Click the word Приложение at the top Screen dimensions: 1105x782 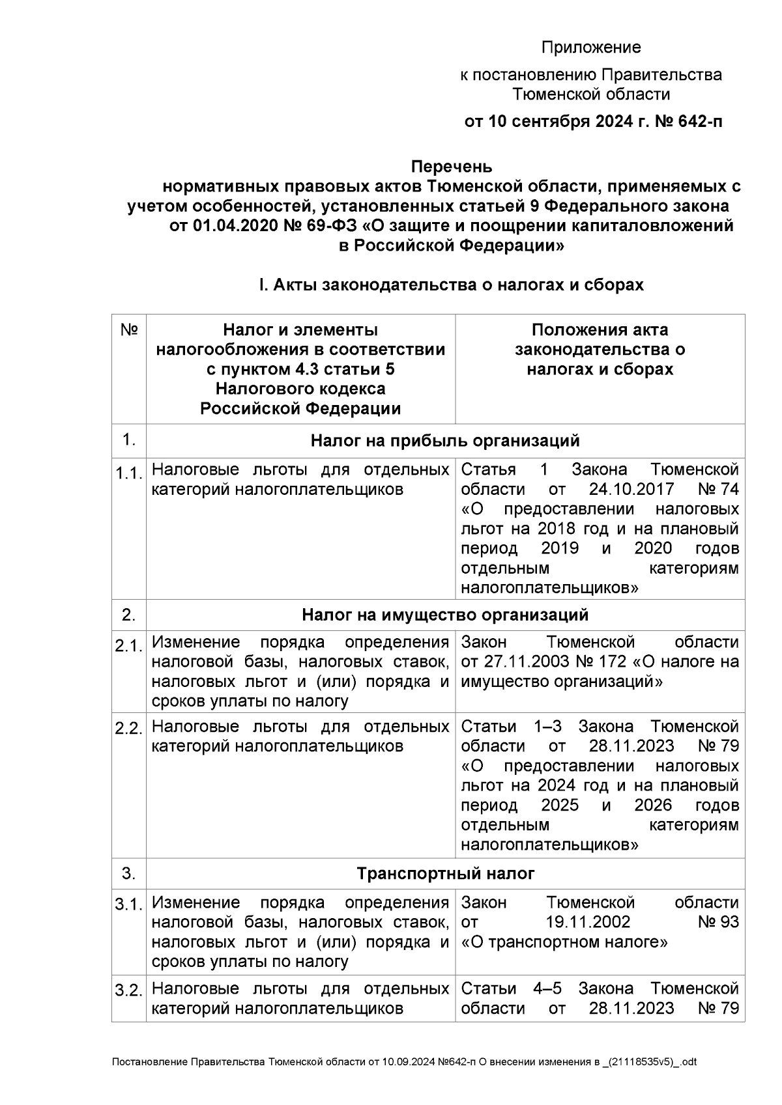click(591, 48)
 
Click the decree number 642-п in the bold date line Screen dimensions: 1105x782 click(701, 122)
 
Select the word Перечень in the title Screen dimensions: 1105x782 click(451, 167)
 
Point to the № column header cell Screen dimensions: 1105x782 click(129, 330)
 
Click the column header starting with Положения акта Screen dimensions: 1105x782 click(600, 350)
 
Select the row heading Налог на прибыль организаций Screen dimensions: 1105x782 click(445, 441)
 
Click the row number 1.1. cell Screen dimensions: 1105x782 click(129, 473)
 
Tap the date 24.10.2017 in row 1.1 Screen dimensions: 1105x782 click(631, 489)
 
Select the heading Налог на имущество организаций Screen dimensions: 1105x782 click(445, 615)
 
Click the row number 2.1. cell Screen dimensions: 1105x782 click(129, 646)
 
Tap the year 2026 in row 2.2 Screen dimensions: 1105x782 click(653, 805)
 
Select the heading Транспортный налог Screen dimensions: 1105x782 click(445, 873)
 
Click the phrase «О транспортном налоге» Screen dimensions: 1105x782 click(564, 942)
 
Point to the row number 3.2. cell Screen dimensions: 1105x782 click(129, 991)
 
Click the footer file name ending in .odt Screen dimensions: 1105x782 click(404, 1062)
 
